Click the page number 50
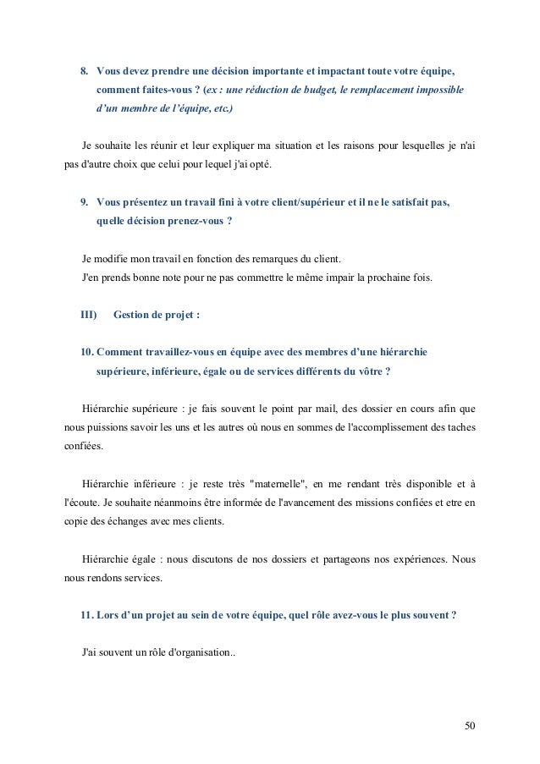[470, 725]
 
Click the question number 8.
[84, 69]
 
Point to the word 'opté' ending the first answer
[261, 164]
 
